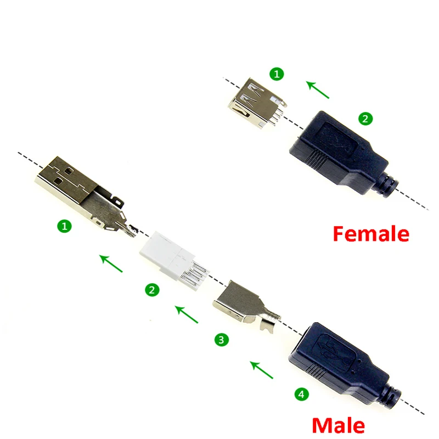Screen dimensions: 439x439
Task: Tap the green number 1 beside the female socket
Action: (x=278, y=73)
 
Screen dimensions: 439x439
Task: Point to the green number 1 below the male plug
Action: (x=65, y=226)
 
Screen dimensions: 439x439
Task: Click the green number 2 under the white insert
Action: (x=151, y=290)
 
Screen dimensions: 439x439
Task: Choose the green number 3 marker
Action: (x=221, y=340)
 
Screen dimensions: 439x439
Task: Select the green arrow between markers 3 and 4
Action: (x=261, y=369)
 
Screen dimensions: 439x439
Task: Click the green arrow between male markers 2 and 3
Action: (x=186, y=314)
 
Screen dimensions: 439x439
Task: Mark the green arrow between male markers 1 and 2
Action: (x=111, y=263)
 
